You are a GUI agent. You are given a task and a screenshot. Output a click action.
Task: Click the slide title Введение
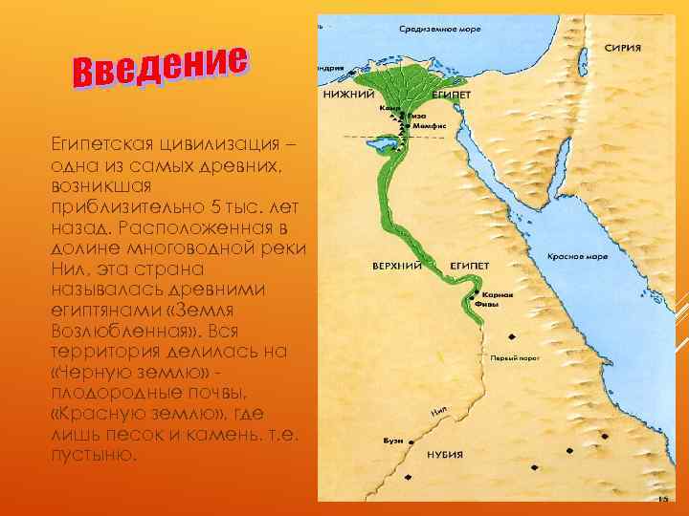click(162, 63)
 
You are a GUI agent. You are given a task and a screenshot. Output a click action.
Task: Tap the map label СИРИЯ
click(622, 48)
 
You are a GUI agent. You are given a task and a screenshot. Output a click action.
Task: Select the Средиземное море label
click(433, 28)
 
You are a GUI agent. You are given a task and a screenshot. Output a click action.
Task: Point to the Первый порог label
click(512, 357)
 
